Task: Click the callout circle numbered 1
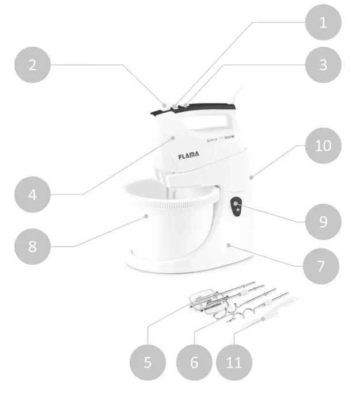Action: (323, 23)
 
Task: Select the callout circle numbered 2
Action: (33, 64)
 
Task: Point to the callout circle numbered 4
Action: (33, 194)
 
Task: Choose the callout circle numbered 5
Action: (147, 362)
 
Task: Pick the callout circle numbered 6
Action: (194, 362)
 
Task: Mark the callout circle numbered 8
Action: (33, 246)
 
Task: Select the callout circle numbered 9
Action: (323, 221)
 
